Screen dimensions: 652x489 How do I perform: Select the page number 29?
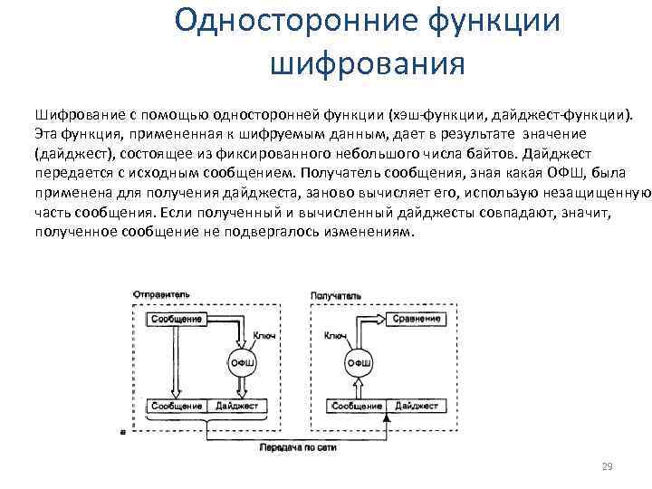tap(607, 466)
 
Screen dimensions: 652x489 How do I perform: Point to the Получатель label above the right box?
tap(336, 296)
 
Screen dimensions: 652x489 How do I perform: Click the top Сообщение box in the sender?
tap(177, 320)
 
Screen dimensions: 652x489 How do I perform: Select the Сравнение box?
tap(417, 320)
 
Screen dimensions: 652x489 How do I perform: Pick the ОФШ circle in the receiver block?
tap(358, 363)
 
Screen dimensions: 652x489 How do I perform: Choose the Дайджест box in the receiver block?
tap(416, 407)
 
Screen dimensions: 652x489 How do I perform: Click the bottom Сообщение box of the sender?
tap(177, 407)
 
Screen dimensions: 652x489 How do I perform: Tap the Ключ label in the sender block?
tap(264, 336)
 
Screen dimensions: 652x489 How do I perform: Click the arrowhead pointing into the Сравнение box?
tap(388, 320)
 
